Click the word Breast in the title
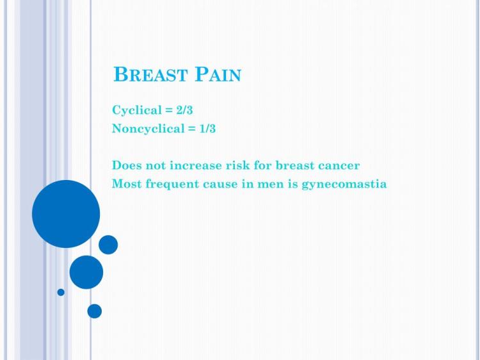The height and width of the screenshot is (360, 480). click(x=150, y=74)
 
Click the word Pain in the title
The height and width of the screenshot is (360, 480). click(x=218, y=74)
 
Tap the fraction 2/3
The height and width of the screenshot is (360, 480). click(x=184, y=110)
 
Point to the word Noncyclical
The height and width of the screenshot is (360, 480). click(x=148, y=128)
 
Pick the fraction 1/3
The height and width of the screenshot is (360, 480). click(x=207, y=128)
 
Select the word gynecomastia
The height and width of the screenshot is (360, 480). click(x=344, y=184)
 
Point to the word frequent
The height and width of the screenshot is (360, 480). click(x=172, y=184)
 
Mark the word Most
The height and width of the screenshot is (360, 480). click(x=127, y=184)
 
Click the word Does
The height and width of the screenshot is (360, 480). click(x=127, y=165)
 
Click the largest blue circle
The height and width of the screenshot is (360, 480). click(x=66, y=214)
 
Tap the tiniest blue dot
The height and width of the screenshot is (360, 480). click(x=61, y=292)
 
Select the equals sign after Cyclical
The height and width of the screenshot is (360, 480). click(x=169, y=110)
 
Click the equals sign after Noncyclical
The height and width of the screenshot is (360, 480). click(x=192, y=129)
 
